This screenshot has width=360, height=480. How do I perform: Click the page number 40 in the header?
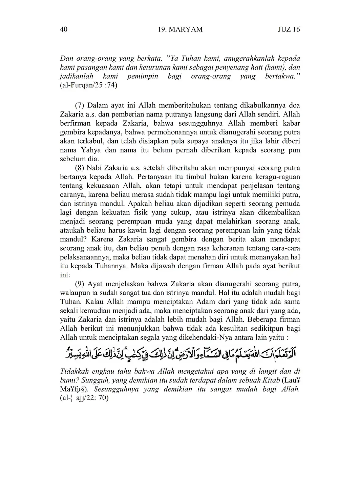tap(64, 29)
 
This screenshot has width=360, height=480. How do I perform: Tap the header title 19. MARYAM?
tap(180, 29)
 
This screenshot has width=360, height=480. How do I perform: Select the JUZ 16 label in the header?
tap(289, 29)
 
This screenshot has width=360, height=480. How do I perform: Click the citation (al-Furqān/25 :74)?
tap(89, 85)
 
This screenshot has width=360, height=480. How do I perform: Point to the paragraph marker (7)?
tap(80, 105)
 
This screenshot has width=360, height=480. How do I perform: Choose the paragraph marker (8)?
tap(80, 168)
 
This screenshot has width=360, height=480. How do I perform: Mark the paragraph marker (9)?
tap(80, 284)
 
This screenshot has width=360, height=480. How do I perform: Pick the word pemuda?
tap(287, 204)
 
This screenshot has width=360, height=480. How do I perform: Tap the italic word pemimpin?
tap(142, 76)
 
